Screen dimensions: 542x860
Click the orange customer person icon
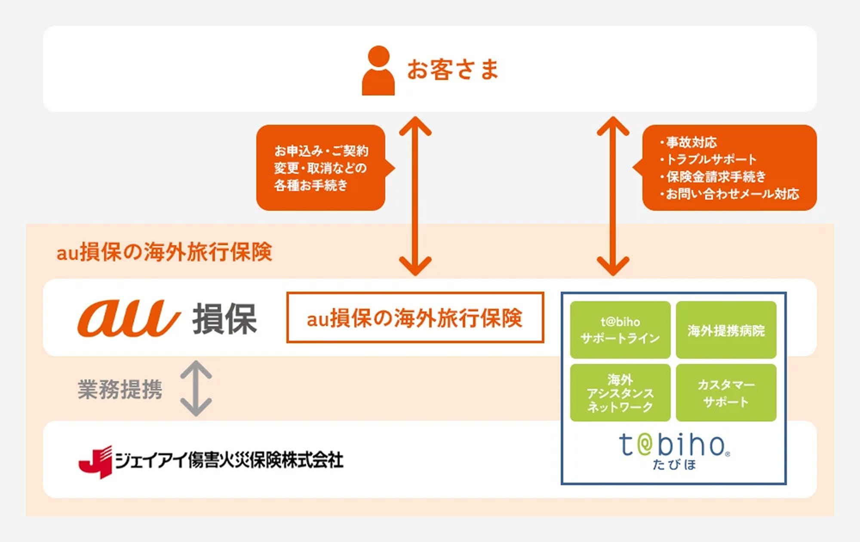(x=378, y=71)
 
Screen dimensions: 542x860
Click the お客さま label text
(x=453, y=70)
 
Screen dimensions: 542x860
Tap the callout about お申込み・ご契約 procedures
(x=321, y=168)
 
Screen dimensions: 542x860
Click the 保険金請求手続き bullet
(x=716, y=176)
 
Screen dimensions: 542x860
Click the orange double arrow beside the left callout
(x=415, y=196)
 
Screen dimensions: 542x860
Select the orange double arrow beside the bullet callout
(x=613, y=196)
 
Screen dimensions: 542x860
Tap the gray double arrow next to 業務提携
(x=196, y=388)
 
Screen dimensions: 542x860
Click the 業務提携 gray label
(x=120, y=390)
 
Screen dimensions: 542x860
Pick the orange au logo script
(x=128, y=318)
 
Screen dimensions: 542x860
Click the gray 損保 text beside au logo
(x=224, y=319)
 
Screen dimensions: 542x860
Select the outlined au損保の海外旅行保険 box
(x=415, y=318)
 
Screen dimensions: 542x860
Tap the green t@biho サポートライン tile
(x=620, y=330)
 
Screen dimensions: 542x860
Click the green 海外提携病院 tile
(x=726, y=330)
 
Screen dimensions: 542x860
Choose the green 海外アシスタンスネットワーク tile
(x=620, y=393)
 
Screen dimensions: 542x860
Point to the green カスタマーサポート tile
(x=726, y=393)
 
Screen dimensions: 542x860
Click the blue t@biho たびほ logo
(x=674, y=451)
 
